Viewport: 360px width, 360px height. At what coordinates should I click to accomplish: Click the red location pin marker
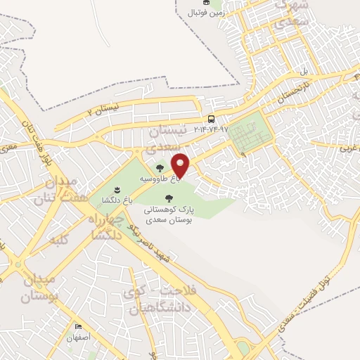(x=181, y=165)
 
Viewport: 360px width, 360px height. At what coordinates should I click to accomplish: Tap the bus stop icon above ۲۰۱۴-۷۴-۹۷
(x=211, y=119)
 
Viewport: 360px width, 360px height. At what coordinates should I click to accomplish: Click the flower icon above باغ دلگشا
(x=116, y=190)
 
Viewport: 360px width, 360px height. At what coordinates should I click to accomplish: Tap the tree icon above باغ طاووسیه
(x=160, y=168)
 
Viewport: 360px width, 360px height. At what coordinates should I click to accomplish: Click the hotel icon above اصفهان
(x=78, y=327)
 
